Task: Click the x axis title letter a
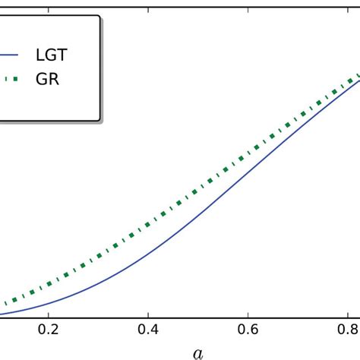coord(198,352)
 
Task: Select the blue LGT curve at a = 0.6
coord(248,169)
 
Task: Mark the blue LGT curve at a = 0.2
coord(48,302)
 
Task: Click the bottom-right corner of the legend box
coord(99,120)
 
